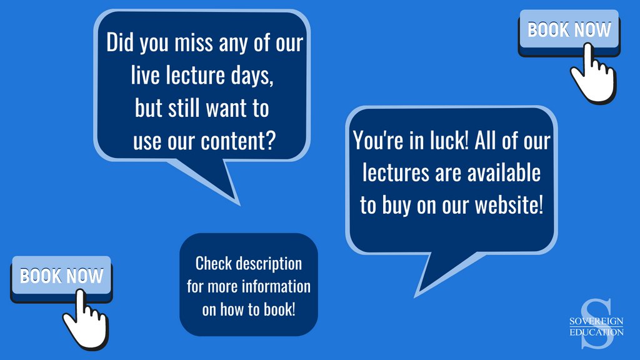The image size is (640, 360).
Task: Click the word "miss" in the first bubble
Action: click(194, 43)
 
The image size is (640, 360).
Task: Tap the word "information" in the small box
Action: click(276, 286)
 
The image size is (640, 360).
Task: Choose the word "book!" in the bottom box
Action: click(279, 309)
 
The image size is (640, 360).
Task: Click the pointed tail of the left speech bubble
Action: click(239, 204)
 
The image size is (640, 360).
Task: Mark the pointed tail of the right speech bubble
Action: click(416, 296)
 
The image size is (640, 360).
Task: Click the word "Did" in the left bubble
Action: click(119, 42)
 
